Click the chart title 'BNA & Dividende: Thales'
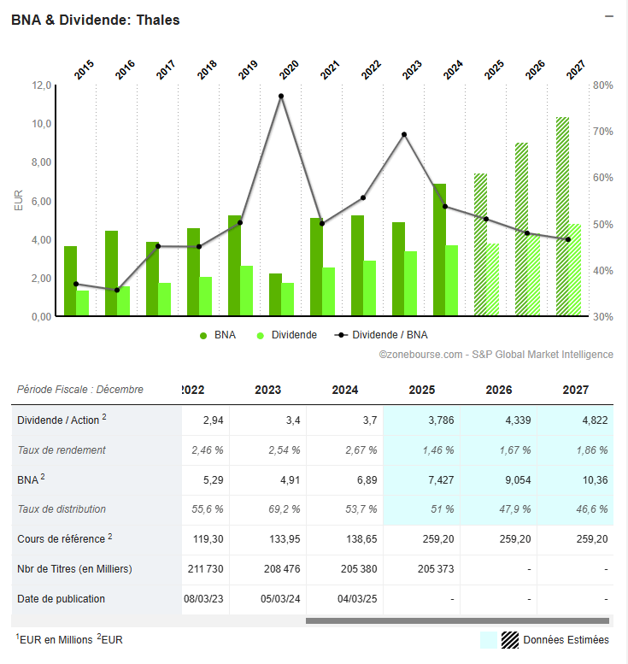coord(96,20)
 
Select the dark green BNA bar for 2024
coord(439,250)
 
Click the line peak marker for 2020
coord(281,96)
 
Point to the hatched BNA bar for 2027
coord(562,216)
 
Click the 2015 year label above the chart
coord(85,70)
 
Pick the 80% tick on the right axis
coord(602,85)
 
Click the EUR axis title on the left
coord(19,201)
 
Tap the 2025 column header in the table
coord(422,390)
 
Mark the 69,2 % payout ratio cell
coord(283,510)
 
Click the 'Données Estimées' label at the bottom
coord(566,640)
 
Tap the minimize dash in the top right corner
coord(609,16)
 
